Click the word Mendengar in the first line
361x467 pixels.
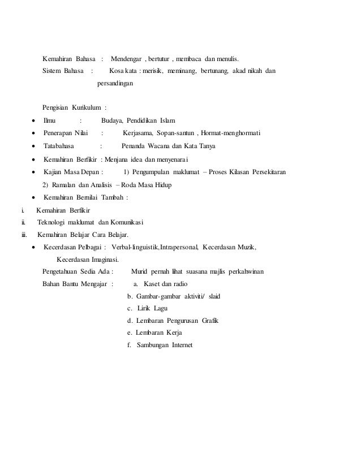pos(128,59)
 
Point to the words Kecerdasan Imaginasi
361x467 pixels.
pos(88,260)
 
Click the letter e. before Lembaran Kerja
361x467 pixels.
pos(131,333)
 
